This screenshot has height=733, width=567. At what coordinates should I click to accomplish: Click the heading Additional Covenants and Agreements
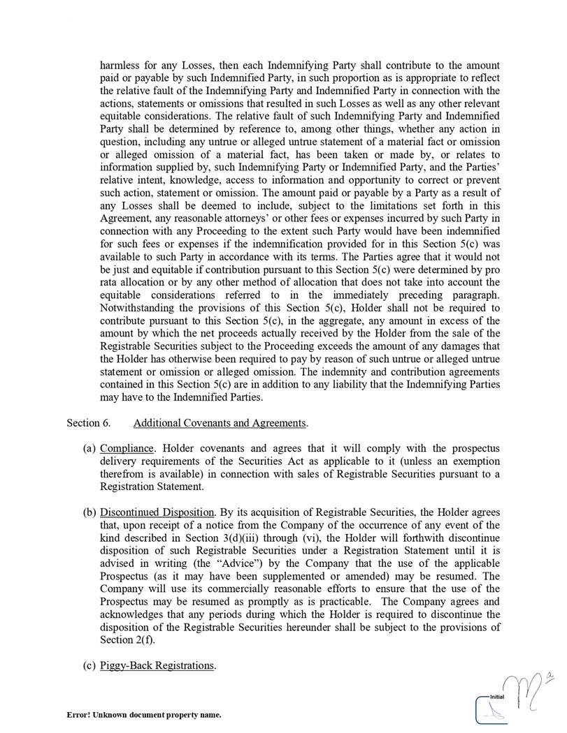(x=220, y=423)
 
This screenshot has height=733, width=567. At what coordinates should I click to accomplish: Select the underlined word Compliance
(x=127, y=448)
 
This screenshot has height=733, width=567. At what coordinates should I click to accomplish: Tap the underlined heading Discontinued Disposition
(x=157, y=513)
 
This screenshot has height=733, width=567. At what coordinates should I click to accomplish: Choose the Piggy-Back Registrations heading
(x=157, y=665)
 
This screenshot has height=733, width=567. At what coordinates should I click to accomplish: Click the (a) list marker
(x=89, y=448)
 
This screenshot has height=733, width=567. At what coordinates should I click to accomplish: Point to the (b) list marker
(x=89, y=513)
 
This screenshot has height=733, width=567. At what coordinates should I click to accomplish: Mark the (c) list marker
(x=89, y=665)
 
